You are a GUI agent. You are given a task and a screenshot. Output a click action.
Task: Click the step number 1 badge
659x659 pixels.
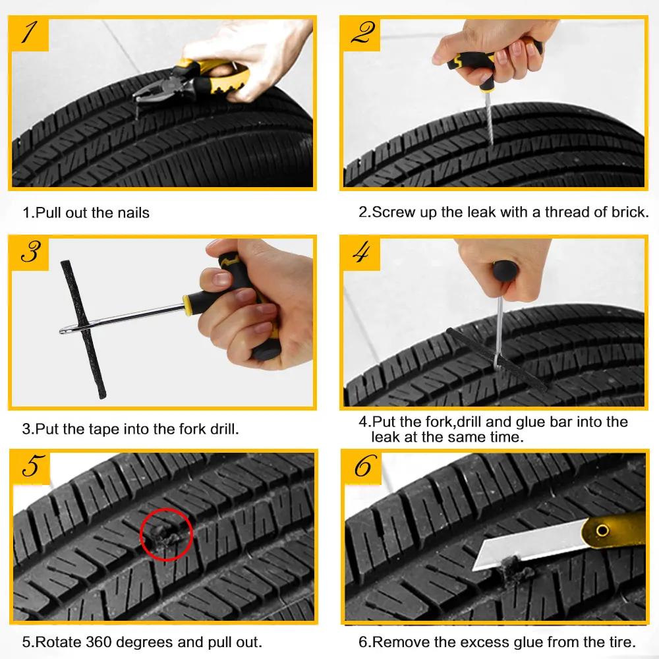pyautogui.click(x=29, y=34)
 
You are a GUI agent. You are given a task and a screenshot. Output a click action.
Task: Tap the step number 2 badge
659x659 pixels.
pyautogui.click(x=361, y=34)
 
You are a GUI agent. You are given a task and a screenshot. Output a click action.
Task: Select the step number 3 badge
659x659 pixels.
pyautogui.click(x=30, y=254)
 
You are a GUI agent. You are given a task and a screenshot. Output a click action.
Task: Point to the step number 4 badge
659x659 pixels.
pyautogui.click(x=361, y=254)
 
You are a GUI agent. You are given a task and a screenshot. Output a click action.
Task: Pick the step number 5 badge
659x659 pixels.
pyautogui.click(x=31, y=467)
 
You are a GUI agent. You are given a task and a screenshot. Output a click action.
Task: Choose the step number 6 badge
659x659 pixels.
pyautogui.click(x=362, y=467)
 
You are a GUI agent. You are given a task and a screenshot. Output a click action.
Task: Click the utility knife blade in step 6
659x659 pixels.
pyautogui.click(x=530, y=547)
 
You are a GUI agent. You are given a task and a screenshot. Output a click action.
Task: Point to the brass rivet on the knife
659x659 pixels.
pyautogui.click(x=603, y=530)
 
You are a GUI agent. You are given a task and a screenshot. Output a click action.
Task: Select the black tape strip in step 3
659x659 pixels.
pyautogui.click(x=83, y=329)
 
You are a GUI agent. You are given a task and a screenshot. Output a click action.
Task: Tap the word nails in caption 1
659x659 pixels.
pyautogui.click(x=133, y=213)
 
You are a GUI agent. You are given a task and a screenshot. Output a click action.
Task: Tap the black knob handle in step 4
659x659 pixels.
pyautogui.click(x=504, y=272)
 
